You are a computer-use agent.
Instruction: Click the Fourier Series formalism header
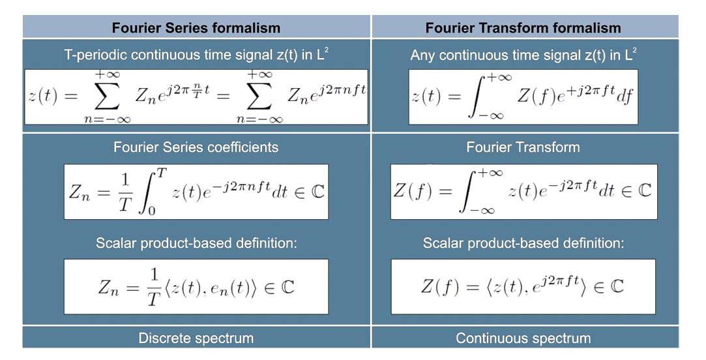tap(196, 28)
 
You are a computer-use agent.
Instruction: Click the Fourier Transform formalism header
tap(523, 28)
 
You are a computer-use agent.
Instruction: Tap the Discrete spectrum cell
tap(196, 338)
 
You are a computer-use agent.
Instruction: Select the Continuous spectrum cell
tap(523, 338)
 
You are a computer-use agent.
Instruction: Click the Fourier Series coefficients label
tap(196, 147)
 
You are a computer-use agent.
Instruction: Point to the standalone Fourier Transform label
tap(523, 147)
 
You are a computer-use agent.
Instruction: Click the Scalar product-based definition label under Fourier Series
tap(196, 243)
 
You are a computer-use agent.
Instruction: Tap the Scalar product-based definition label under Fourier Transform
tap(523, 243)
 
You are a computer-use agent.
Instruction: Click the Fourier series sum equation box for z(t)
tap(196, 97)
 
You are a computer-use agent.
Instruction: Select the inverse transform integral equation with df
tap(523, 97)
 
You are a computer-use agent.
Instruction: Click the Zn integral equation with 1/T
tap(196, 192)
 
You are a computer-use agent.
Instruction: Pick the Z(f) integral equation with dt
tap(523, 192)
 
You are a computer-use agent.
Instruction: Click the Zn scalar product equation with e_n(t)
tap(196, 286)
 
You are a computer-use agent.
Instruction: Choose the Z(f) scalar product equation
tap(523, 286)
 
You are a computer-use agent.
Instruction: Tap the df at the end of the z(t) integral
tap(625, 98)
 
